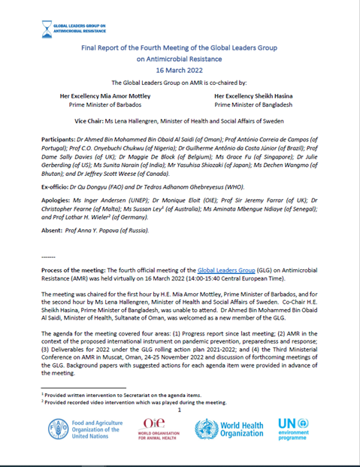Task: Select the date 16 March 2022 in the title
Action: tap(180, 66)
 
